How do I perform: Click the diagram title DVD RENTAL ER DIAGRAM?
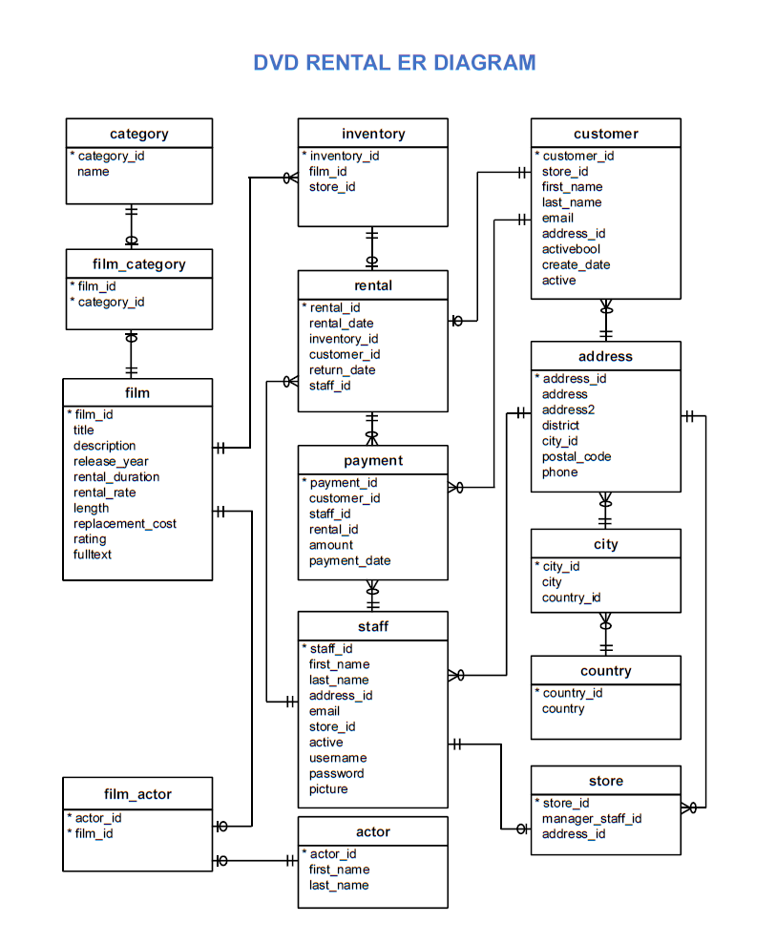(x=394, y=63)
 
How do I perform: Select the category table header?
(x=138, y=134)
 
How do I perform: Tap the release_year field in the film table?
(x=111, y=461)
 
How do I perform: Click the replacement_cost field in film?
(x=125, y=523)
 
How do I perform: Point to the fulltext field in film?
(x=93, y=555)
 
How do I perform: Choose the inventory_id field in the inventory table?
(x=344, y=156)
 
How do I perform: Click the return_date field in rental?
(x=342, y=369)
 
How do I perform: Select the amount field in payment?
(x=330, y=545)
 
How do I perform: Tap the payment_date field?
(x=349, y=560)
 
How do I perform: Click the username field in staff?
(x=337, y=758)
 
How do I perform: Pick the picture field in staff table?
(x=328, y=789)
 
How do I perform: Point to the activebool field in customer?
(x=571, y=249)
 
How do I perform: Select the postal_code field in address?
(x=577, y=456)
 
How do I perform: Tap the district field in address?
(x=560, y=425)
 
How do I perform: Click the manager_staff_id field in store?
(x=592, y=818)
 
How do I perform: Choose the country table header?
(x=605, y=671)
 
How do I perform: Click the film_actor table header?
(x=137, y=794)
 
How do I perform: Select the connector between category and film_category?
(x=132, y=226)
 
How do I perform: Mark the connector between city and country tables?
(x=605, y=634)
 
